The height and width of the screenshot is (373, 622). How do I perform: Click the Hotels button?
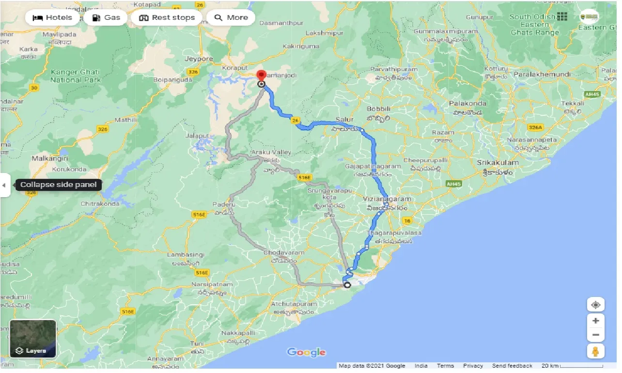(52, 18)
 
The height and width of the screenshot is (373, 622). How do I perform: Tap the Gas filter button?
(106, 18)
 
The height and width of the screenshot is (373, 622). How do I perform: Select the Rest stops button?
(167, 18)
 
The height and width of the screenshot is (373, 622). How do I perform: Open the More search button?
(231, 18)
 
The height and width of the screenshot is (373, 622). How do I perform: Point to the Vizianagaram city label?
(388, 199)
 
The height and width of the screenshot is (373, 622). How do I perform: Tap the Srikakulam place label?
(498, 163)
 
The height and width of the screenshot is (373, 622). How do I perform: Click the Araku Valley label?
(271, 152)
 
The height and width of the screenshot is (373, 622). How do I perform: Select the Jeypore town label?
(199, 59)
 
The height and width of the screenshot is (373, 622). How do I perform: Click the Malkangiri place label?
(49, 158)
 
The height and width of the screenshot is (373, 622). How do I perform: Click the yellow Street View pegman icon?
(595, 351)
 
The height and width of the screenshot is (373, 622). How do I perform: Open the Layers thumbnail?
(33, 339)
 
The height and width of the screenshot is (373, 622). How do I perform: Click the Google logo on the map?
(306, 352)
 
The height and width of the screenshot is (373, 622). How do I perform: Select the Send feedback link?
(512, 366)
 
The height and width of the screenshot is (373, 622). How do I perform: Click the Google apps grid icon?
(562, 17)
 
